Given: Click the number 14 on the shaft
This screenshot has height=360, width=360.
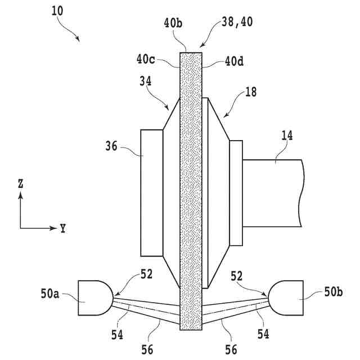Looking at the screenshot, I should (287, 135).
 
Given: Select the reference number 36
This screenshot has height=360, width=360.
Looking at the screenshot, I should (113, 147).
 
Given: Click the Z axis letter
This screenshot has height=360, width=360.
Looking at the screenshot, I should (20, 183).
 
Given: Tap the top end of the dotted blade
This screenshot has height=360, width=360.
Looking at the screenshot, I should (190, 54).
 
